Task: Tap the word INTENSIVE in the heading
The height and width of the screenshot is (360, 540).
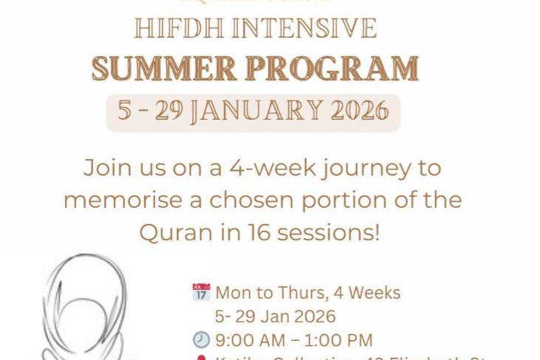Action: [x=304, y=28]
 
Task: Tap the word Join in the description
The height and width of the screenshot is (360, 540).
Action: [x=108, y=167]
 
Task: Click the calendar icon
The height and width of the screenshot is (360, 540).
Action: [x=201, y=292]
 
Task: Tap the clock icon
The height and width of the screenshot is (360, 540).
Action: [x=201, y=340]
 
